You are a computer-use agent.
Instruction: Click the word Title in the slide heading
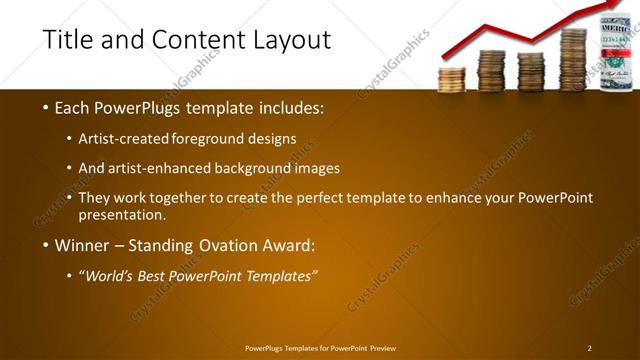click(68, 40)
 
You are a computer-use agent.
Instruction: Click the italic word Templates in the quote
click(281, 275)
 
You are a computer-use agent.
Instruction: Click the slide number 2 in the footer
click(589, 348)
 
